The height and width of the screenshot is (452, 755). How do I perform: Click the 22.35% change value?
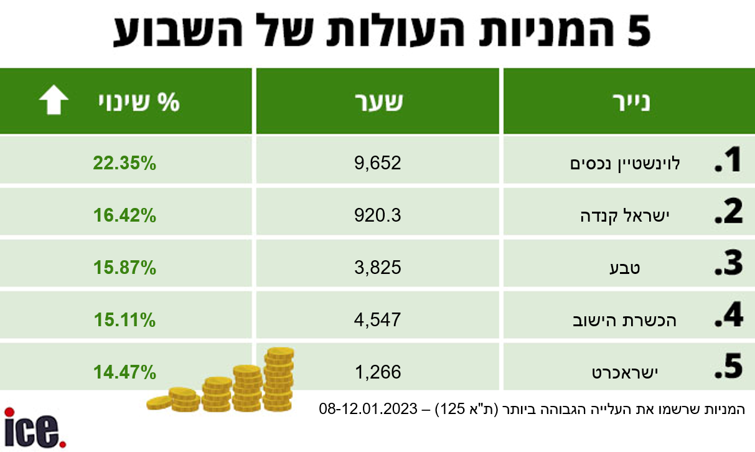click(124, 163)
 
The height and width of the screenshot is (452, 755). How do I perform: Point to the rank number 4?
click(728, 318)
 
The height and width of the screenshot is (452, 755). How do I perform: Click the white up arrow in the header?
click(54, 101)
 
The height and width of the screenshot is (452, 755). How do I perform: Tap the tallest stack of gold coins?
click(278, 377)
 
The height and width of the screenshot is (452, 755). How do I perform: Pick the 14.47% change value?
click(124, 372)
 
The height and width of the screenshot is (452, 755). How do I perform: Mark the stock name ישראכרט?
click(624, 373)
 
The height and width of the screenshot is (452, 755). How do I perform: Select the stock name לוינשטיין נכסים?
click(626, 164)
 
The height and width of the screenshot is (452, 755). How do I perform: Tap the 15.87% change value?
click(124, 268)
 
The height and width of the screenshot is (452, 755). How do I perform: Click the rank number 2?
click(728, 214)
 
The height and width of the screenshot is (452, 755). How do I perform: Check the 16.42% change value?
click(124, 215)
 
